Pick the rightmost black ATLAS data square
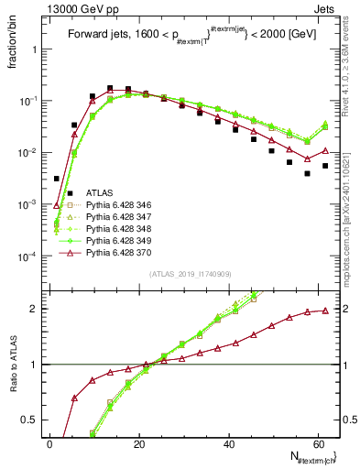(325, 166)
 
